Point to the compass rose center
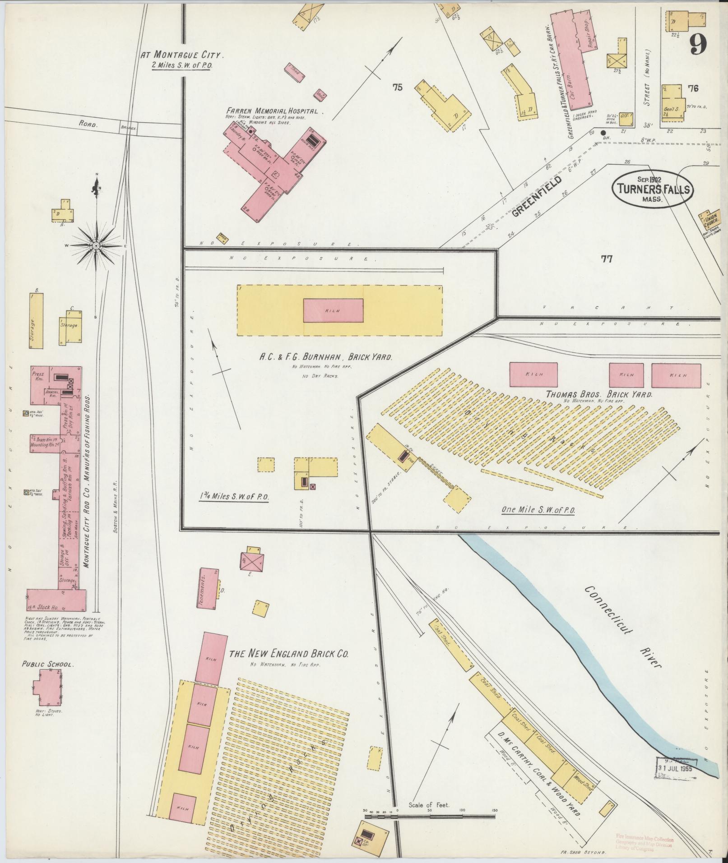point(96,245)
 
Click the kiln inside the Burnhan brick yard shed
point(333,310)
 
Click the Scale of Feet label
point(428,805)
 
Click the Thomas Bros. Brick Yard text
point(599,394)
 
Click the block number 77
point(607,259)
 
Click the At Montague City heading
point(182,55)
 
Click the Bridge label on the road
point(128,128)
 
